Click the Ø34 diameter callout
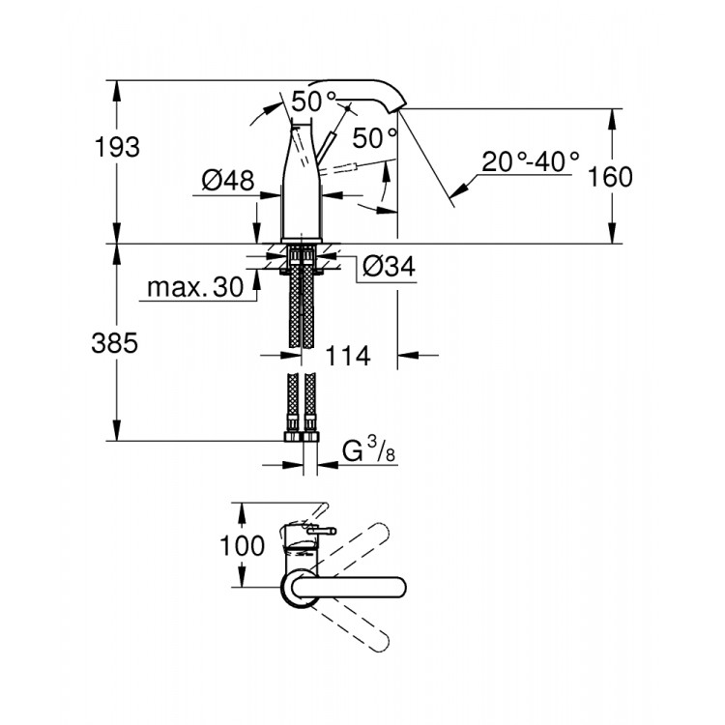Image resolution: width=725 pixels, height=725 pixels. coord(391,267)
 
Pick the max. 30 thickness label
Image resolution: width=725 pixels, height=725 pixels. coord(193,288)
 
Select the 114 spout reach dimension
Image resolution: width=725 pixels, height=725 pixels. coord(349,356)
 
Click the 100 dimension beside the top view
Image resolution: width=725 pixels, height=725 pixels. coord(242,545)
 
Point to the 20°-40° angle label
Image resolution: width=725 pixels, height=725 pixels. coord(531,160)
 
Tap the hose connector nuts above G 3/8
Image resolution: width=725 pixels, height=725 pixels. coord(302,425)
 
